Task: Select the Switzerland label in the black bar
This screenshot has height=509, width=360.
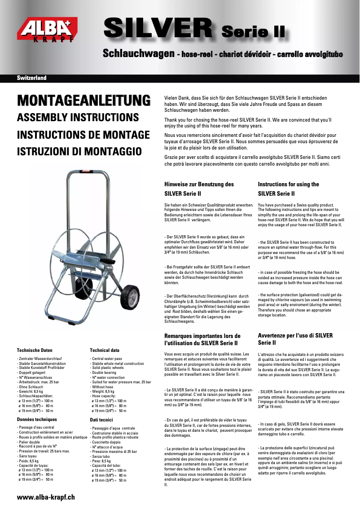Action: pos(31,78)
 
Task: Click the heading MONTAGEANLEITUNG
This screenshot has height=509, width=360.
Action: pos(83,101)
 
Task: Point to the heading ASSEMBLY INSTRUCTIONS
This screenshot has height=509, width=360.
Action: pos(78,118)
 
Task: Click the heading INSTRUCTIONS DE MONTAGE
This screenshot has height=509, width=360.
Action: pos(83,135)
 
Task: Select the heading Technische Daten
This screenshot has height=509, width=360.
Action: pos(35,350)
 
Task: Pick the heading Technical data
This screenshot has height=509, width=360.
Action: pos(105,350)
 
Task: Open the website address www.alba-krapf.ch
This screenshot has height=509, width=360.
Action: pos(45,497)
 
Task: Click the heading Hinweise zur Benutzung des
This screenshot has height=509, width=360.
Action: pos(199,184)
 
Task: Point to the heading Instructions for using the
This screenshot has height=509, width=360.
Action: pos(288,184)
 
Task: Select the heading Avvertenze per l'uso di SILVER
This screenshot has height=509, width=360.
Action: pos(295,335)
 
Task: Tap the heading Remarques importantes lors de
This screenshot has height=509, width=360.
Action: pos(202,336)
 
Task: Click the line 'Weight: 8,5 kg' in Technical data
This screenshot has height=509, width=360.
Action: pos(103,391)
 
